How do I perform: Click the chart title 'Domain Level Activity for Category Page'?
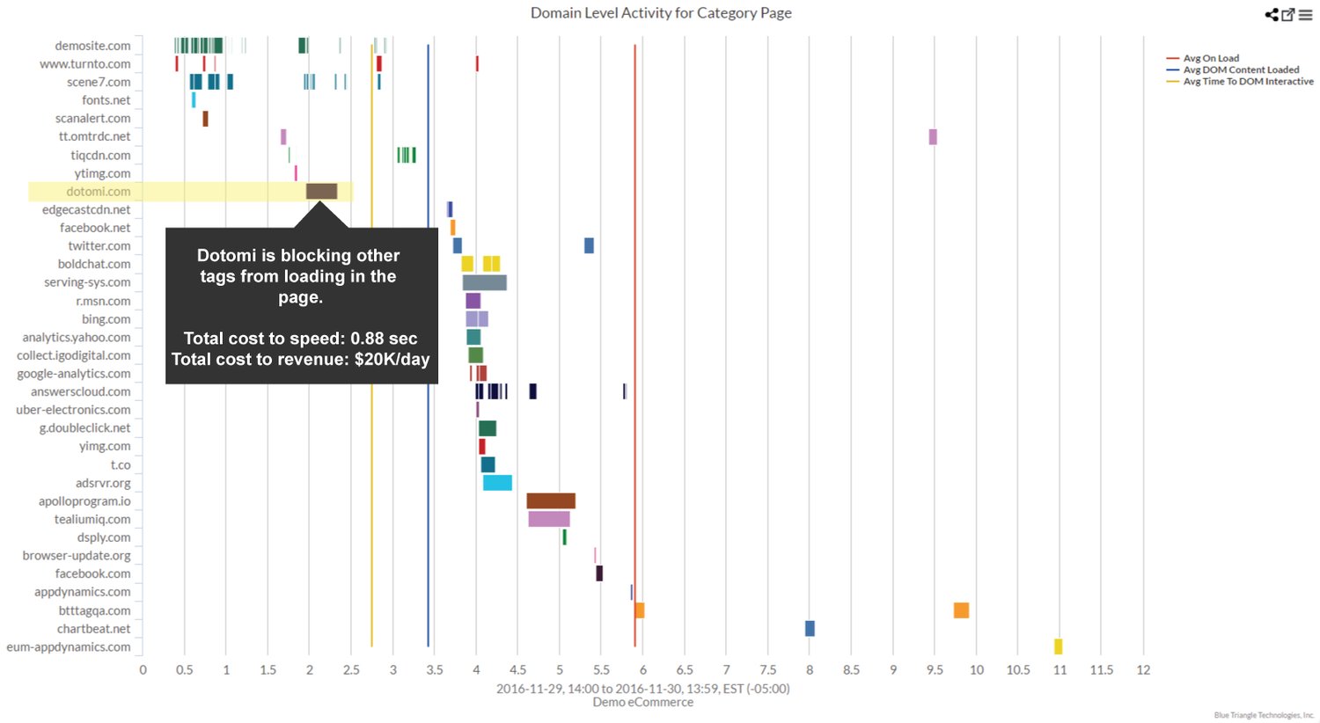point(660,13)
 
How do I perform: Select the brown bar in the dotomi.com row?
point(321,191)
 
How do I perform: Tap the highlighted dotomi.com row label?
point(98,192)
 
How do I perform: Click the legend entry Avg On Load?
point(1210,58)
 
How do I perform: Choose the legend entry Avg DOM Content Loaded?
point(1240,69)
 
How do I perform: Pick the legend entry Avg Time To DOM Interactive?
point(1247,81)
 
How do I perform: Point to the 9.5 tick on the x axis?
point(935,669)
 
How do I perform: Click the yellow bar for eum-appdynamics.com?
point(1058,646)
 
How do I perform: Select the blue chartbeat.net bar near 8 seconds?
point(810,628)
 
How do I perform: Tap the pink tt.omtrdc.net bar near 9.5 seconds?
point(933,136)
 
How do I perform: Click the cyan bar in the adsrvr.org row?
point(497,482)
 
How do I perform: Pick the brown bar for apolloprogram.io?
point(551,500)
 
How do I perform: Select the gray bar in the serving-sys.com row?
point(484,282)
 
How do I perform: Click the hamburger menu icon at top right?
point(1306,15)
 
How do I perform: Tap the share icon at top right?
point(1272,15)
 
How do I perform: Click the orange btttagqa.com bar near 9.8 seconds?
point(961,610)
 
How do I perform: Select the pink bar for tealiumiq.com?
point(549,519)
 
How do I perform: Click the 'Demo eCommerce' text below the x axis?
point(642,702)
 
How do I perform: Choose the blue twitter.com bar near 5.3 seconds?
point(589,245)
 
